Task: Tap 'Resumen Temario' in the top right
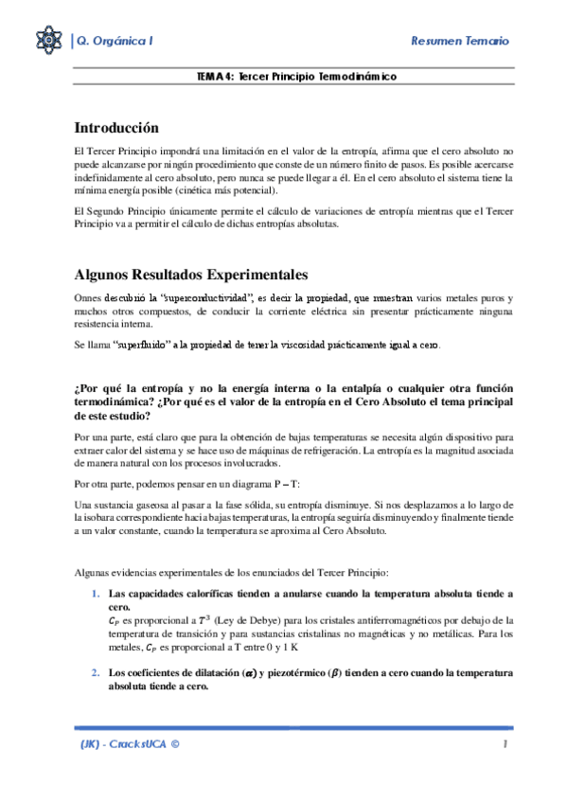(x=460, y=41)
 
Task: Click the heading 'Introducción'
(x=116, y=128)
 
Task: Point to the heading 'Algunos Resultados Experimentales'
(x=190, y=276)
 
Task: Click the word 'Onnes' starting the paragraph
(x=88, y=297)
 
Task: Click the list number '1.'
(x=96, y=594)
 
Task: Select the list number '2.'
(x=96, y=672)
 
